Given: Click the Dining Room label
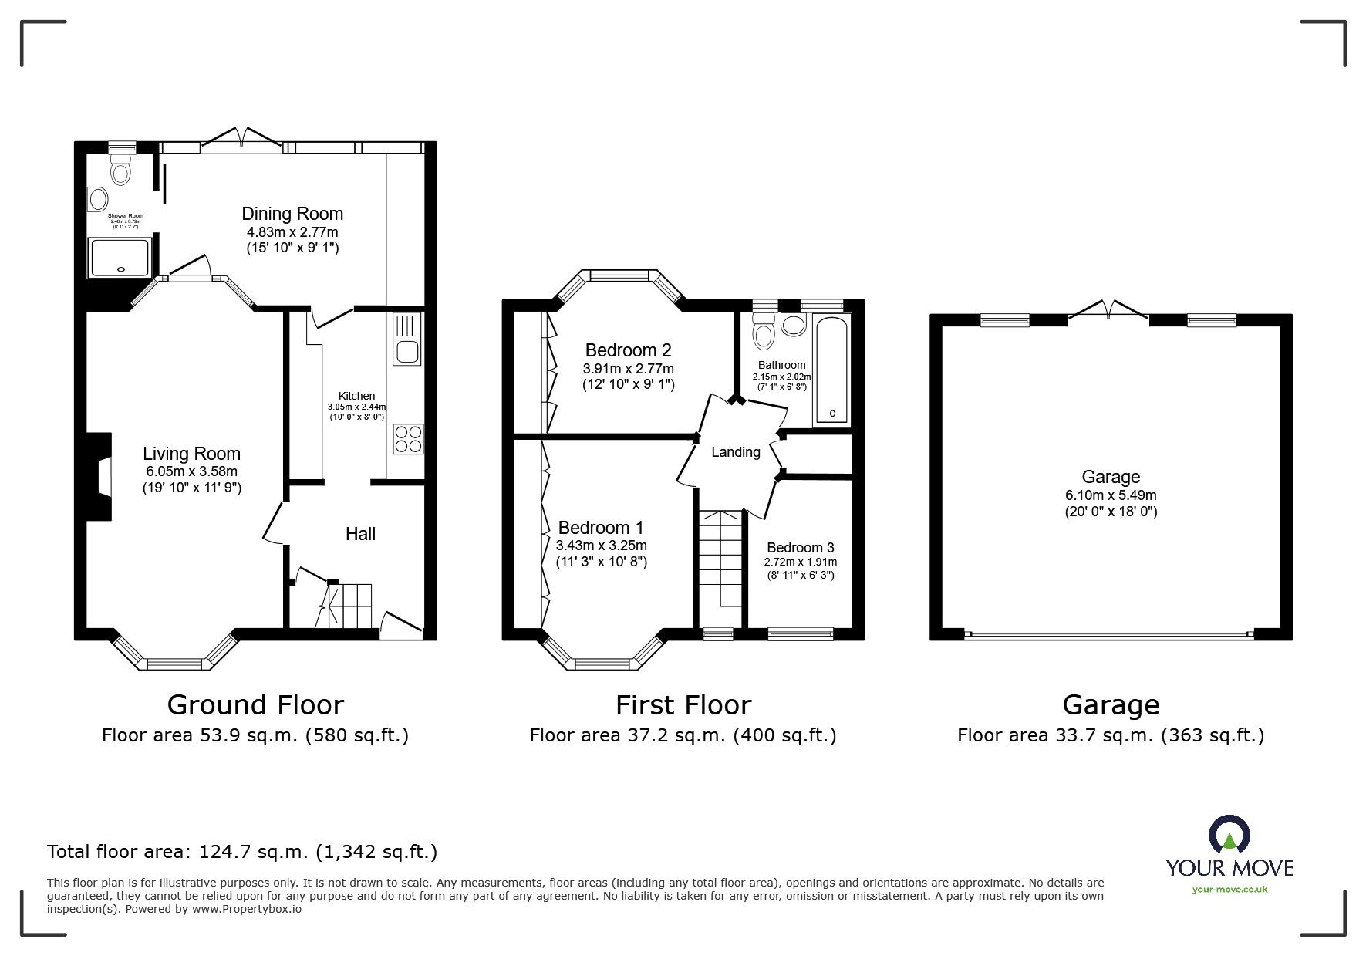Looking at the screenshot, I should pyautogui.click(x=292, y=214).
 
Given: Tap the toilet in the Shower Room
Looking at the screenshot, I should pyautogui.click(x=120, y=170).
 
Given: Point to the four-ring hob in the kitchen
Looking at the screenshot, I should pyautogui.click(x=407, y=439).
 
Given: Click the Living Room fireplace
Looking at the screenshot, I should pyautogui.click(x=98, y=478).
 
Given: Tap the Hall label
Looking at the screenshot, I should pyautogui.click(x=360, y=534).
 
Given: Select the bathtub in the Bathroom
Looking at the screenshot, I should pyautogui.click(x=832, y=370).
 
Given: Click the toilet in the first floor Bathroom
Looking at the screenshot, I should pyautogui.click(x=763, y=332).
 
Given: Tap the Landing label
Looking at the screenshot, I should pyautogui.click(x=735, y=452).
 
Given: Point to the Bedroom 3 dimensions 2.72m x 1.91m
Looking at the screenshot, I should pyautogui.click(x=801, y=562).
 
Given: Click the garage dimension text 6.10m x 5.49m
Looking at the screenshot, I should pyautogui.click(x=1111, y=495).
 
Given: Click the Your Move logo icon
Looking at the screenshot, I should pyautogui.click(x=1229, y=836).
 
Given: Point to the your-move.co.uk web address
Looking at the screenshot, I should pyautogui.click(x=1229, y=890).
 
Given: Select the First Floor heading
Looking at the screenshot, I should pyautogui.click(x=683, y=704).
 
